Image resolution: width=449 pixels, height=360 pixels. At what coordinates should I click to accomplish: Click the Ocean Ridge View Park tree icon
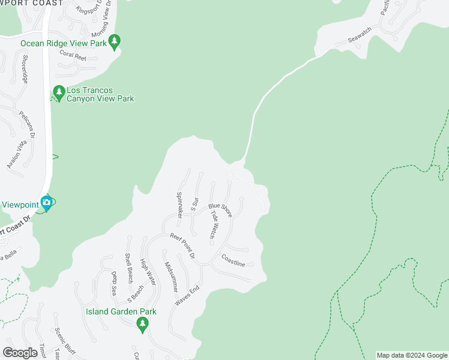click(x=114, y=41)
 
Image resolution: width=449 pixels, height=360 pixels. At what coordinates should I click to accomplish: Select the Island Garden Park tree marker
click(x=142, y=325)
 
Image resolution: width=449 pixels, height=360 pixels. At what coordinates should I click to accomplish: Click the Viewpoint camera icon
click(x=46, y=203)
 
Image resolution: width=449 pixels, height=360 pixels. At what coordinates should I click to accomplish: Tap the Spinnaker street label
click(x=179, y=204)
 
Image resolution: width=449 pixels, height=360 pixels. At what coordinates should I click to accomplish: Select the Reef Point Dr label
click(x=182, y=246)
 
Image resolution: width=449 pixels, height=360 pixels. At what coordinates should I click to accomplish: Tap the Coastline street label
click(x=233, y=262)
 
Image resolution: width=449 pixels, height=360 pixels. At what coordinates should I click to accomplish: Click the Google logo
click(x=20, y=352)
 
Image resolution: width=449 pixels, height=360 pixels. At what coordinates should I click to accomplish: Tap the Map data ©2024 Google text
click(x=412, y=355)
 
